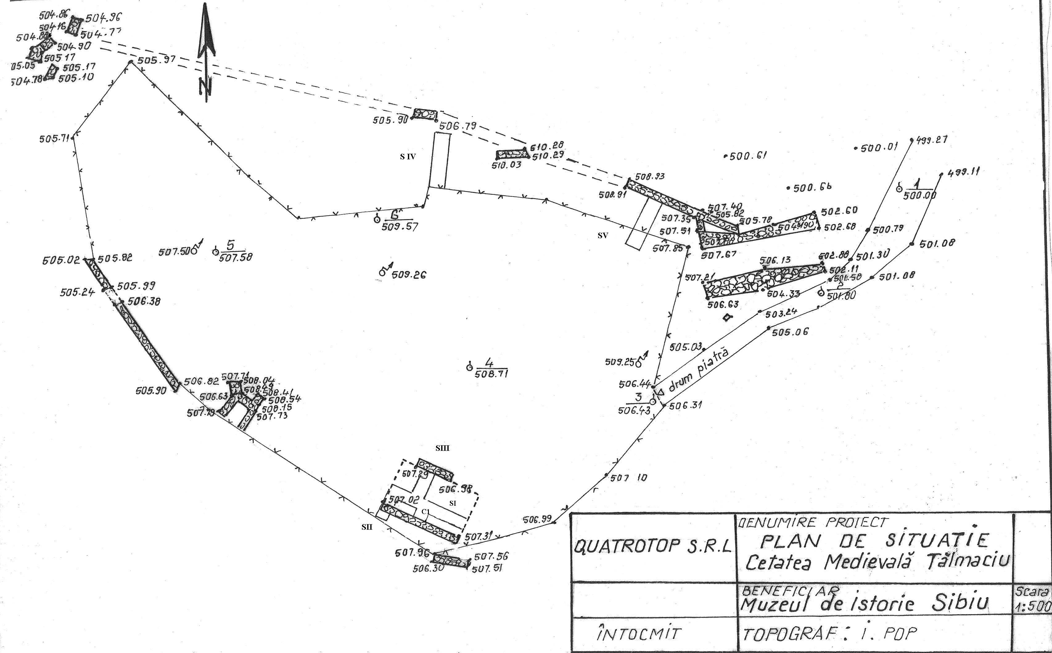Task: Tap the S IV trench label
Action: (x=407, y=157)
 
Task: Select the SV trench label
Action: (x=603, y=235)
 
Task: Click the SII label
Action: (x=367, y=527)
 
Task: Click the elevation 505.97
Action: (x=156, y=60)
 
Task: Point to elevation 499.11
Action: (x=963, y=172)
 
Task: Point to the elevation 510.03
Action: (x=506, y=165)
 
